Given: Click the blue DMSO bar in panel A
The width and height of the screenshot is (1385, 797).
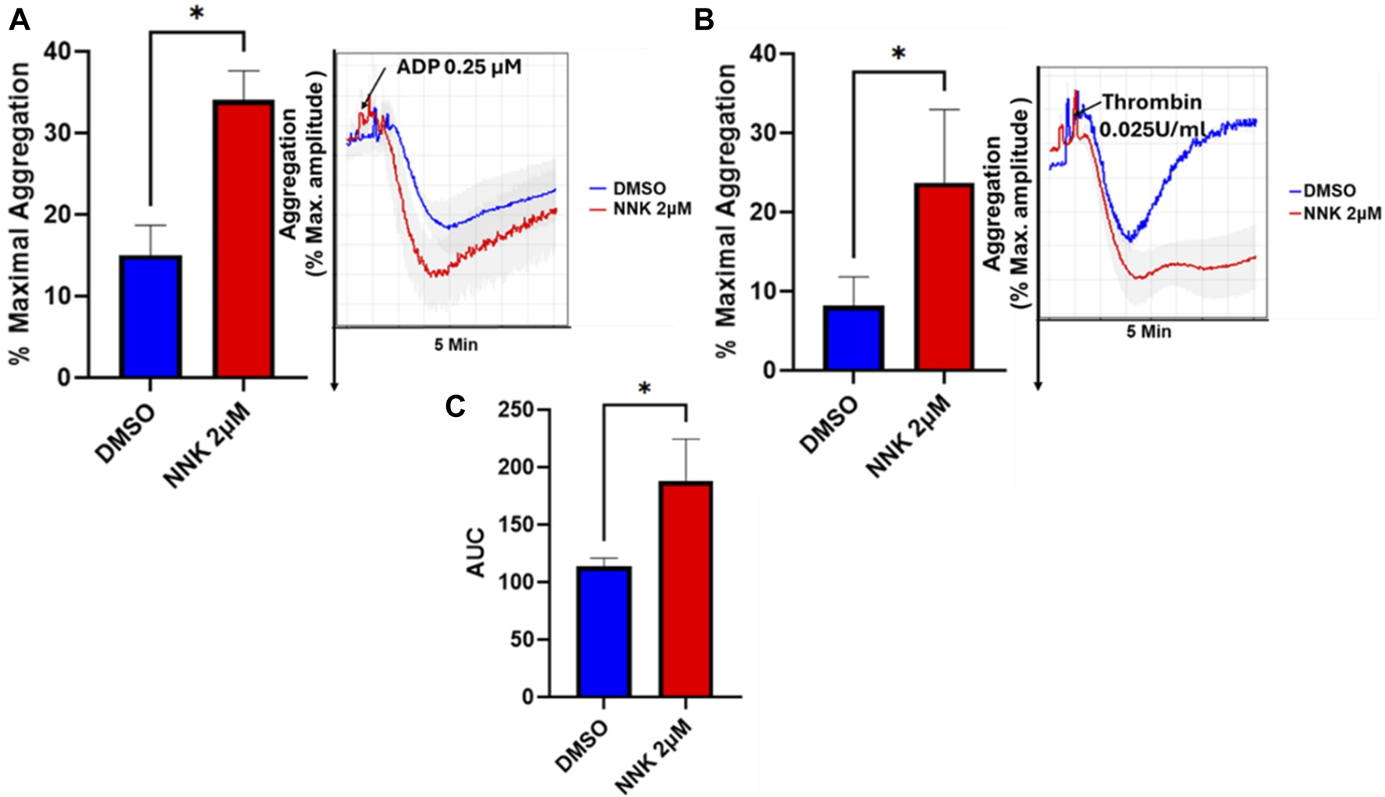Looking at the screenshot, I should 151,317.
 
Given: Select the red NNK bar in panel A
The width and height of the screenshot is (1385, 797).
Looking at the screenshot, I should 244,239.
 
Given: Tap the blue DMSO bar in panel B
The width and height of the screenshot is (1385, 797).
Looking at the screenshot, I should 854,338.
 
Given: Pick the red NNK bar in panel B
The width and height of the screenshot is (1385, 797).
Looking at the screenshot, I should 944,277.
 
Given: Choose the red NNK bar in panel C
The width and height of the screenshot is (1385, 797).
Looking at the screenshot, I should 685,589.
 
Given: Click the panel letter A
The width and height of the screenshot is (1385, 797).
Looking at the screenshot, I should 19,20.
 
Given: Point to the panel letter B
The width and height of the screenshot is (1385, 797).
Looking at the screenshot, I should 703,20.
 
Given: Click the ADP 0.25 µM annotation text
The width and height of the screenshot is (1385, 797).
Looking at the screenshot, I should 459,66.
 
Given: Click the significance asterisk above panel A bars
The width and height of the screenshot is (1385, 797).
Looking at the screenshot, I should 197,15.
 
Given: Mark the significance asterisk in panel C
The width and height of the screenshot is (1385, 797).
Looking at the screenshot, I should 644,389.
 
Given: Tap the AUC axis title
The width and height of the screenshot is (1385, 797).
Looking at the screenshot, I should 475,553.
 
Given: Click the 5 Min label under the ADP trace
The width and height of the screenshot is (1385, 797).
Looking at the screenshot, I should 456,344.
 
